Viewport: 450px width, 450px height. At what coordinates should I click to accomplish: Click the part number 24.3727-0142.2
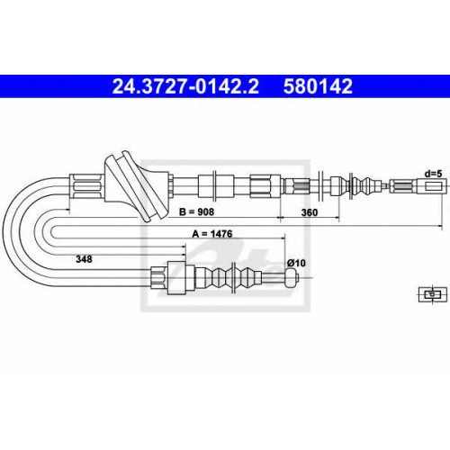pyautogui.click(x=185, y=86)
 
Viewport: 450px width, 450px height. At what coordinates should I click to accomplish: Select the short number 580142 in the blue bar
pyautogui.click(x=318, y=86)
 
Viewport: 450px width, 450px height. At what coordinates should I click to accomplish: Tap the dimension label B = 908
pyautogui.click(x=196, y=211)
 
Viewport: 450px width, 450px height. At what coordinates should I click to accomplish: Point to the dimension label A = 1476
pyautogui.click(x=212, y=234)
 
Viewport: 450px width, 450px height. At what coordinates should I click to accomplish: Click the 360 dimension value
pyautogui.click(x=309, y=212)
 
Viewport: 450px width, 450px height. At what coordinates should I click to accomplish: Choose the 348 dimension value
pyautogui.click(x=84, y=259)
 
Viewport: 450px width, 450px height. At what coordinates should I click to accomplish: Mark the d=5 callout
pyautogui.click(x=433, y=174)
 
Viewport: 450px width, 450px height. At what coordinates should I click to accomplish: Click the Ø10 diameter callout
pyautogui.click(x=296, y=263)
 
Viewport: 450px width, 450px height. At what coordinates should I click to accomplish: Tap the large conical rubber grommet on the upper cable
pyautogui.click(x=137, y=186)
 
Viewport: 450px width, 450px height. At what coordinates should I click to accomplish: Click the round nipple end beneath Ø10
pyautogui.click(x=292, y=278)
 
